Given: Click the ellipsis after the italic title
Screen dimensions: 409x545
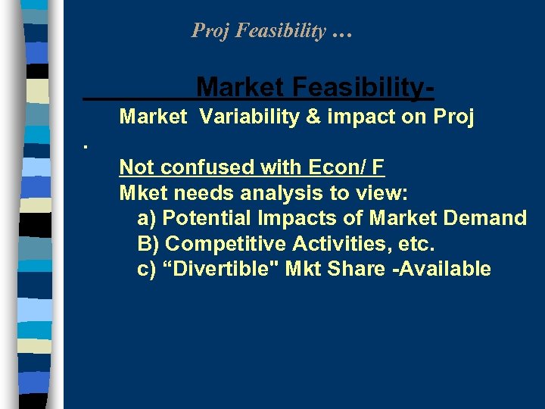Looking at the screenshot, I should [x=341, y=33].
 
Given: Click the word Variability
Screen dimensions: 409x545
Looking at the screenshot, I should [x=250, y=118].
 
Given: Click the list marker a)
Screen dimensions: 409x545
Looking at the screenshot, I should [x=148, y=218].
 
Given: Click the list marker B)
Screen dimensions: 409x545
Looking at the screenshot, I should [x=148, y=244].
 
